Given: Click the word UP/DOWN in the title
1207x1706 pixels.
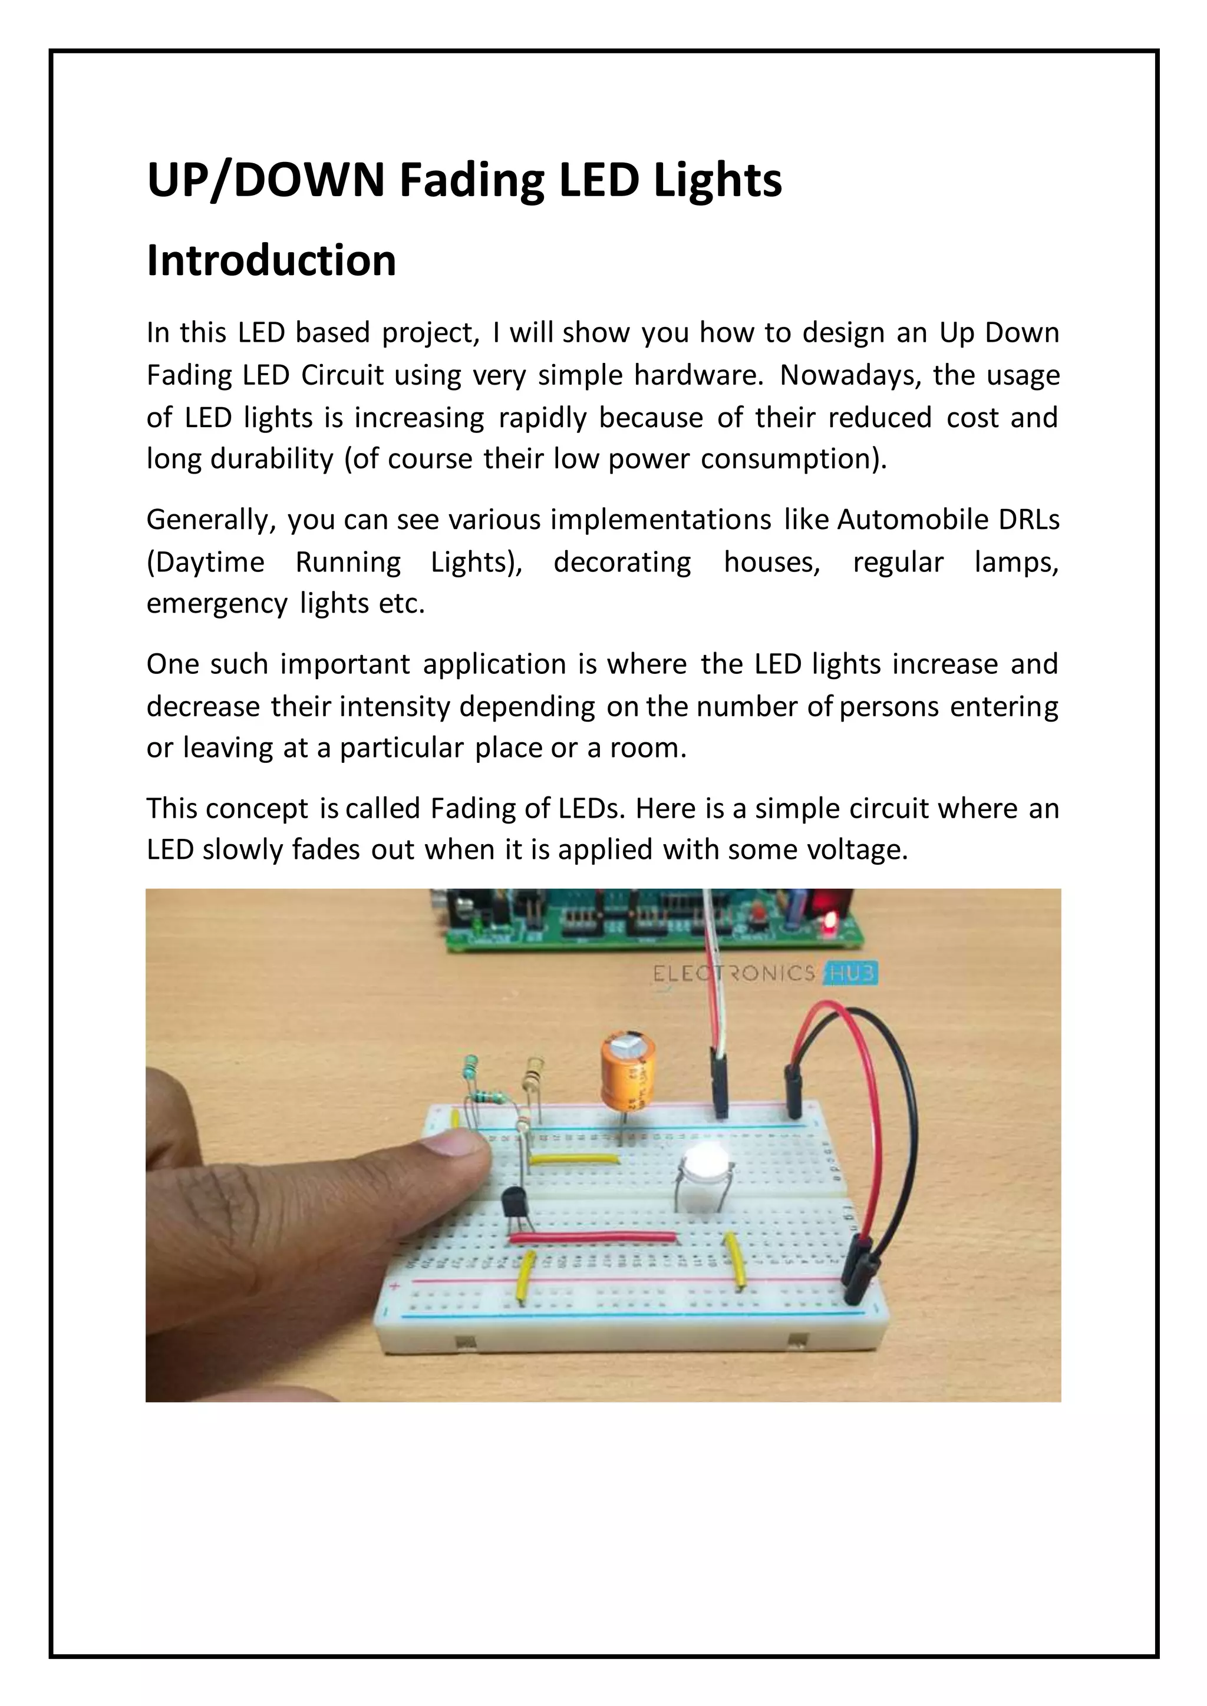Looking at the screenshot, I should point(265,181).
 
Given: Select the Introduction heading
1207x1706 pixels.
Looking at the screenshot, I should point(271,261).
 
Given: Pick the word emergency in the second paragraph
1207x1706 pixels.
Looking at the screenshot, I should point(216,603).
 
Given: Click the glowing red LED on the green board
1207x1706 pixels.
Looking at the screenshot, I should point(829,924).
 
